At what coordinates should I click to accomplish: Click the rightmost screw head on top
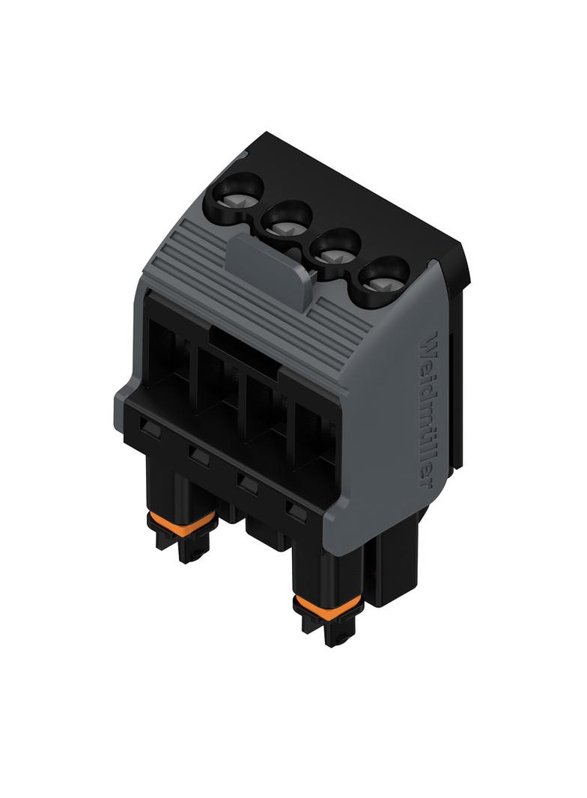383,279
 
